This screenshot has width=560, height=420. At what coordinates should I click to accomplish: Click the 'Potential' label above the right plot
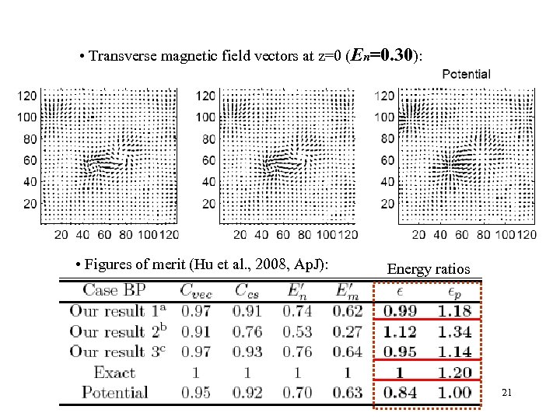coord(466,74)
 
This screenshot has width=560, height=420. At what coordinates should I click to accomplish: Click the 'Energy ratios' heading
coord(428,269)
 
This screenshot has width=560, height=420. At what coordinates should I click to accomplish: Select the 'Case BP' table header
coord(114,290)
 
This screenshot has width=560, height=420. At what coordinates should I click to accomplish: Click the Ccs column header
coord(249,290)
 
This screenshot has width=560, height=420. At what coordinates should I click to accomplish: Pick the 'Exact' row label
coord(114,373)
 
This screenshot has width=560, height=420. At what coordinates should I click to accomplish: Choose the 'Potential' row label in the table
coord(114,393)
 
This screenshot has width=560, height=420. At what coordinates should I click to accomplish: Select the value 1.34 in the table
coord(454,331)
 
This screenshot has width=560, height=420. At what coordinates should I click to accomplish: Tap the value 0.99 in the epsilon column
coord(401,311)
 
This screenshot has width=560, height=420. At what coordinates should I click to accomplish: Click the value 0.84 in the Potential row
coord(401,393)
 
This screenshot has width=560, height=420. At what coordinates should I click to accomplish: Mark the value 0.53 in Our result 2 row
coord(298,331)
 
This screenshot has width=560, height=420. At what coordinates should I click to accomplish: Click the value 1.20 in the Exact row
coord(454,373)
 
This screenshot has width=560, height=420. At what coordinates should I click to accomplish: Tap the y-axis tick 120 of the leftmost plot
coord(28,96)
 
